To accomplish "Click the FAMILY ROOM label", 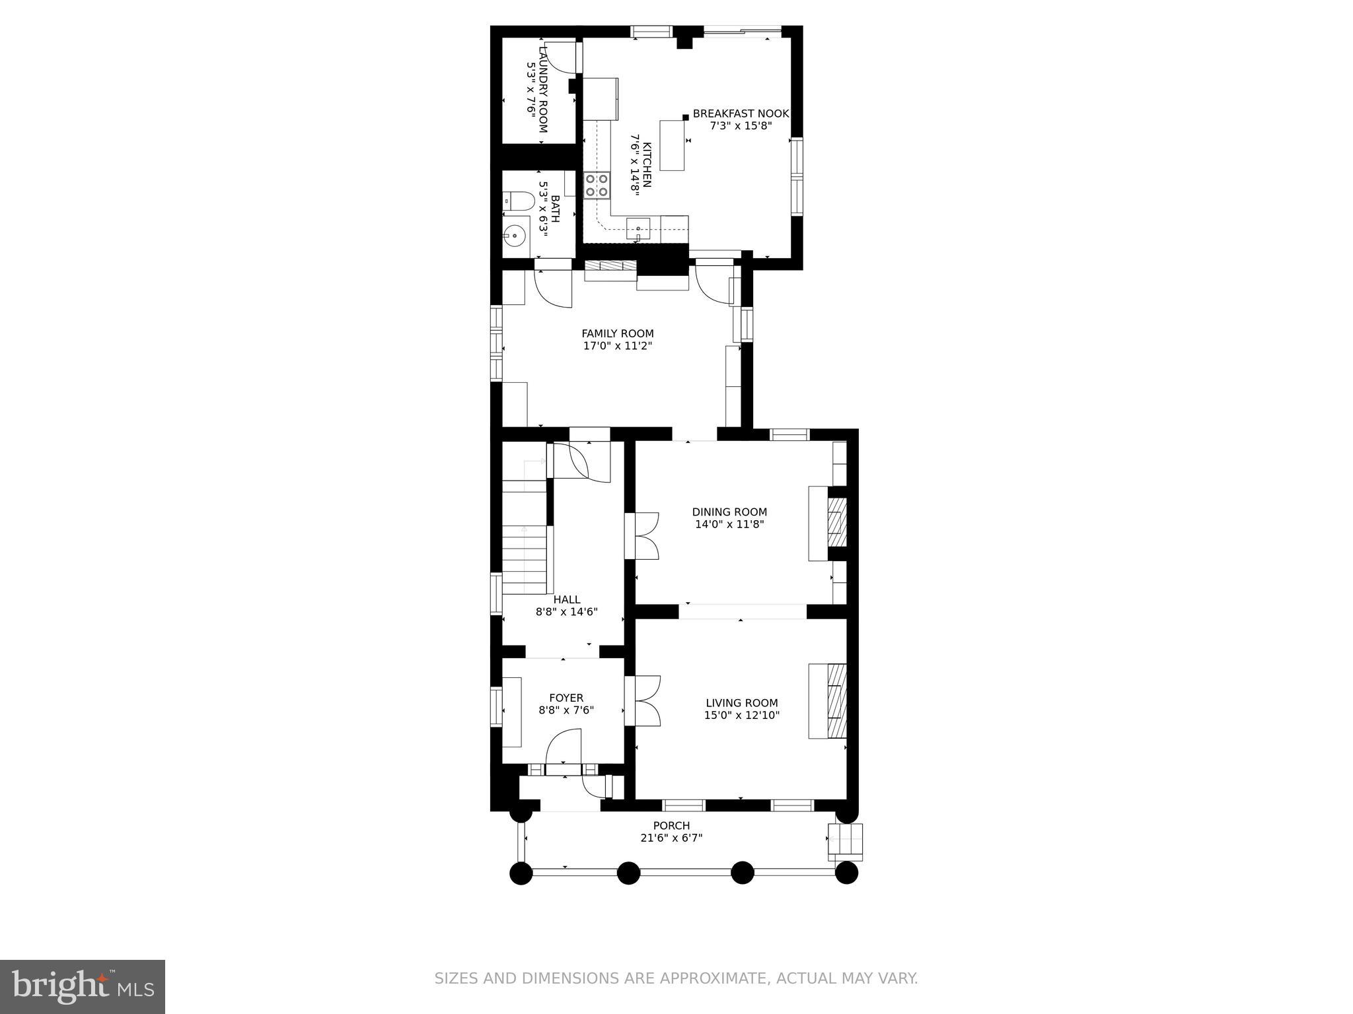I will click(x=617, y=333).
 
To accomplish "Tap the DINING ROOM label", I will click(x=729, y=512).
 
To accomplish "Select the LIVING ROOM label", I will click(x=741, y=703).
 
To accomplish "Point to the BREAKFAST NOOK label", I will click(x=741, y=114).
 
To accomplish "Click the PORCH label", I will click(x=671, y=825).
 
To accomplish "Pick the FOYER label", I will click(x=566, y=698).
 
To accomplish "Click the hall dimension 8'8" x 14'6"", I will click(x=566, y=612).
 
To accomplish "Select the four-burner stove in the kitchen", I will click(x=597, y=185).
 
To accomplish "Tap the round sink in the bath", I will click(x=514, y=235).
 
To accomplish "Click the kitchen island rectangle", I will click(x=673, y=145).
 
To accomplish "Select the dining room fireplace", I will click(x=836, y=522).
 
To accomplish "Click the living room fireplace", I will click(x=836, y=700).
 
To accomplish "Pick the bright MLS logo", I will click(x=83, y=986).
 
